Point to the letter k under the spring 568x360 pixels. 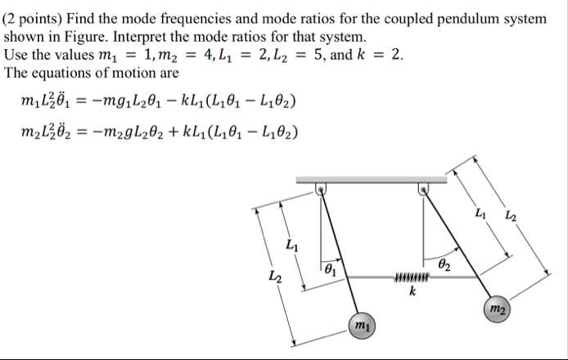[x=412, y=290]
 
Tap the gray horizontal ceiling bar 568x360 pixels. [x=372, y=178]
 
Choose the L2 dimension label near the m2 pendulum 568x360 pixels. [x=511, y=217]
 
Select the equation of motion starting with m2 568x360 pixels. [x=160, y=131]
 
